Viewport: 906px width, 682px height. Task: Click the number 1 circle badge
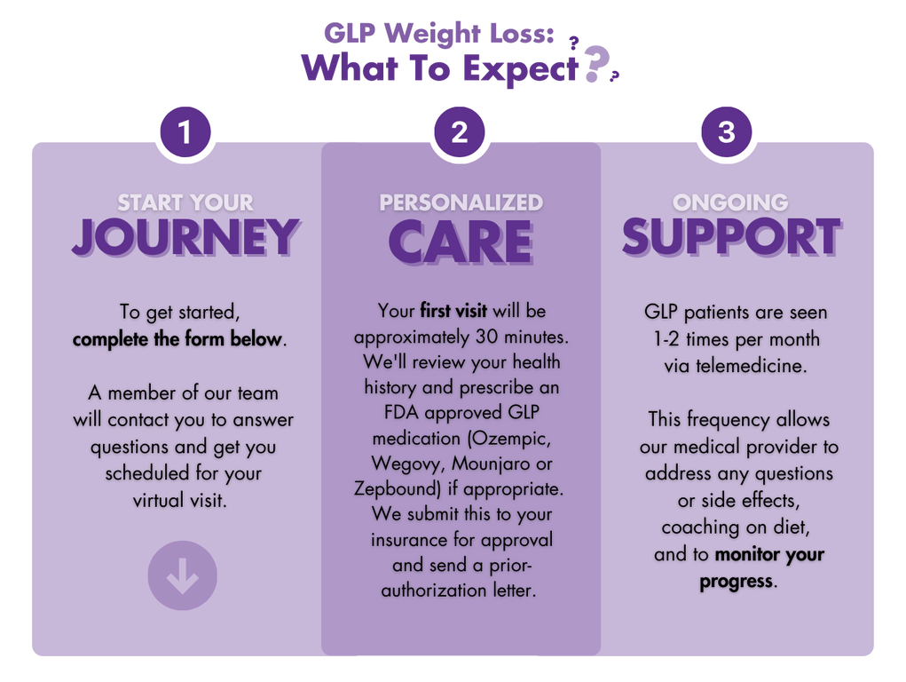[185, 131]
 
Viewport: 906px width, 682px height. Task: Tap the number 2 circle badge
[460, 131]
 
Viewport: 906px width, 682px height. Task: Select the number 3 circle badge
[726, 131]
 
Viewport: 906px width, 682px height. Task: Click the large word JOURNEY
[185, 237]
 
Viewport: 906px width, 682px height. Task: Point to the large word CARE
[461, 242]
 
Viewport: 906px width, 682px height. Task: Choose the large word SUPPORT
[731, 237]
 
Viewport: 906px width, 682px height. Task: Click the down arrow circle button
[183, 575]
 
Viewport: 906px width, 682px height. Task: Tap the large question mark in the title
[596, 64]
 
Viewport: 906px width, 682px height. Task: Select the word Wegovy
[408, 464]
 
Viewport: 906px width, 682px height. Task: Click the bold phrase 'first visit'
[453, 311]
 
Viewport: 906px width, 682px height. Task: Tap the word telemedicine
[751, 366]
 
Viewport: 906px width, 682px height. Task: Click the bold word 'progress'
[737, 582]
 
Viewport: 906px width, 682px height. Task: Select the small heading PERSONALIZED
[461, 202]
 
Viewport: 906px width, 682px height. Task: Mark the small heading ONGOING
[730, 202]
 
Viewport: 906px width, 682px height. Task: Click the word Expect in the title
[521, 69]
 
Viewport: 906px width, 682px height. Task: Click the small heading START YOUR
[185, 202]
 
